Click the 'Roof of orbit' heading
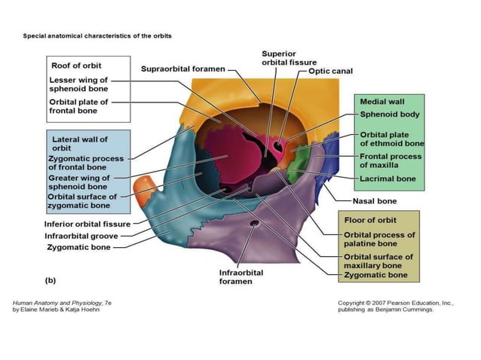75,66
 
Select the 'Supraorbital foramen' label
183,69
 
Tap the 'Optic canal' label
330,72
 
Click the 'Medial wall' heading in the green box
383,101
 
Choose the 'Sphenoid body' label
390,115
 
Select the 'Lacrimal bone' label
388,179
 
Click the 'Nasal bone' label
375,201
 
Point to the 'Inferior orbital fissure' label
87,224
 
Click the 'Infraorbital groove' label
79,235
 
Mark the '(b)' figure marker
51,280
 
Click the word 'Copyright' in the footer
356,303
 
